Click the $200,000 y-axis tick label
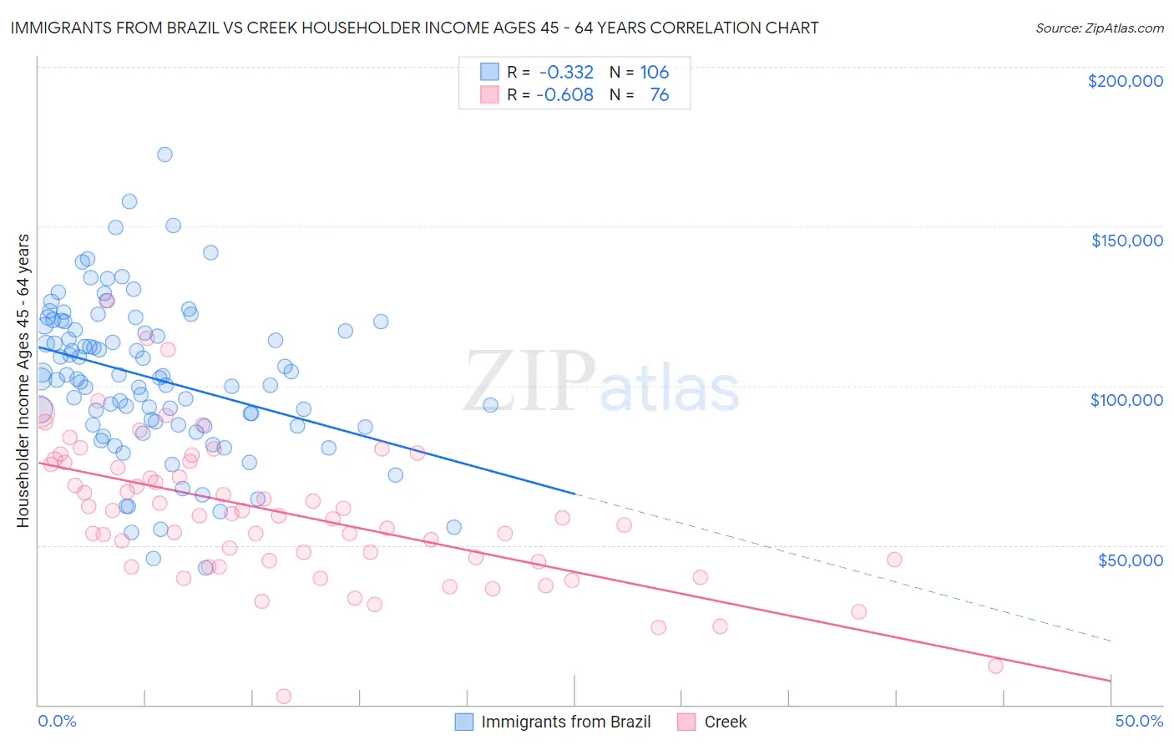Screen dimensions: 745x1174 pyautogui.click(x=1125, y=81)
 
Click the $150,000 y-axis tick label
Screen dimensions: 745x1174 pyautogui.click(x=1126, y=241)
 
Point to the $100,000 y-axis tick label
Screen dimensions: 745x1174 pyautogui.click(x=1126, y=400)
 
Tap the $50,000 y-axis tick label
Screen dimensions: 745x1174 pyautogui.click(x=1130, y=560)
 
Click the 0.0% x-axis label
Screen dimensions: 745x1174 pyautogui.click(x=57, y=721)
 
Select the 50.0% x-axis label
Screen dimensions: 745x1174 pyautogui.click(x=1139, y=721)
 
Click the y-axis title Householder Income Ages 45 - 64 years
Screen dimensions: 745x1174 pyautogui.click(x=23, y=380)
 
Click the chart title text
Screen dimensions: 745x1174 pyautogui.click(x=414, y=28)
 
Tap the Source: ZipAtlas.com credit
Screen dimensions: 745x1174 pyautogui.click(x=1099, y=28)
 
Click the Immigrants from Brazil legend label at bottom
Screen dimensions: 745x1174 pyautogui.click(x=565, y=722)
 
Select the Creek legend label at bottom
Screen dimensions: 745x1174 pyautogui.click(x=725, y=722)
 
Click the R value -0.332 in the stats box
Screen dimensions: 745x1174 pyautogui.click(x=566, y=73)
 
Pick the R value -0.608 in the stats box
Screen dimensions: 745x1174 pyautogui.click(x=564, y=95)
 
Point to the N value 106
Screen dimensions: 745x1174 pyautogui.click(x=655, y=73)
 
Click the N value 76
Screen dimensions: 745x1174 pyautogui.click(x=659, y=95)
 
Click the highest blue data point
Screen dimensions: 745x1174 pyautogui.click(x=164, y=155)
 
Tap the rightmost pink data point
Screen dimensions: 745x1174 pyautogui.click(x=995, y=666)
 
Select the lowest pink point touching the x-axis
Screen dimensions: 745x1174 pyautogui.click(x=284, y=696)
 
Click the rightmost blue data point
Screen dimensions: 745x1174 pyautogui.click(x=490, y=405)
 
